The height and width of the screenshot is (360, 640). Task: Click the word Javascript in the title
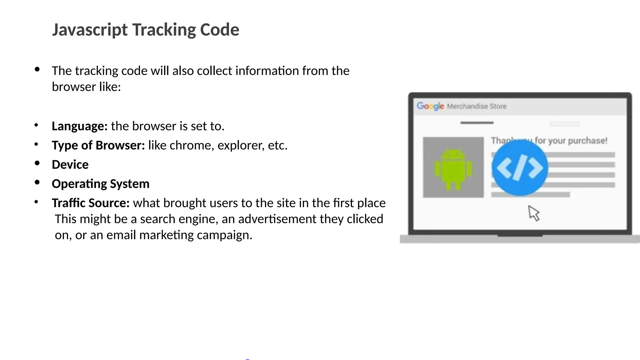point(90,30)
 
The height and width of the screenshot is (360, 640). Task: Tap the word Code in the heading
point(219,30)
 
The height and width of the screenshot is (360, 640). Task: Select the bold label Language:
point(80,126)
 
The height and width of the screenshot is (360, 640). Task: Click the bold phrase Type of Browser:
point(98,145)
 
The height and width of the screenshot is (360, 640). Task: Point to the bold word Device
point(70,165)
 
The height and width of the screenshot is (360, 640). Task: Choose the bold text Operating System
point(101,184)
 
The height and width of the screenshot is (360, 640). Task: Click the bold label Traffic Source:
point(91,203)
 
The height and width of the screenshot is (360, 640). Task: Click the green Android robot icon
point(453,169)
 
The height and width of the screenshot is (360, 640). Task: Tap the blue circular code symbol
point(520,168)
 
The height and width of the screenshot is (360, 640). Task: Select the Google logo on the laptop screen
point(430,106)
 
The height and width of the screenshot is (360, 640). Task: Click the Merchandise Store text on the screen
point(477,106)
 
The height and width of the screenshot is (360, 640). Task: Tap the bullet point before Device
point(37,163)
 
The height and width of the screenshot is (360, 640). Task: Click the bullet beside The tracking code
point(37,69)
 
